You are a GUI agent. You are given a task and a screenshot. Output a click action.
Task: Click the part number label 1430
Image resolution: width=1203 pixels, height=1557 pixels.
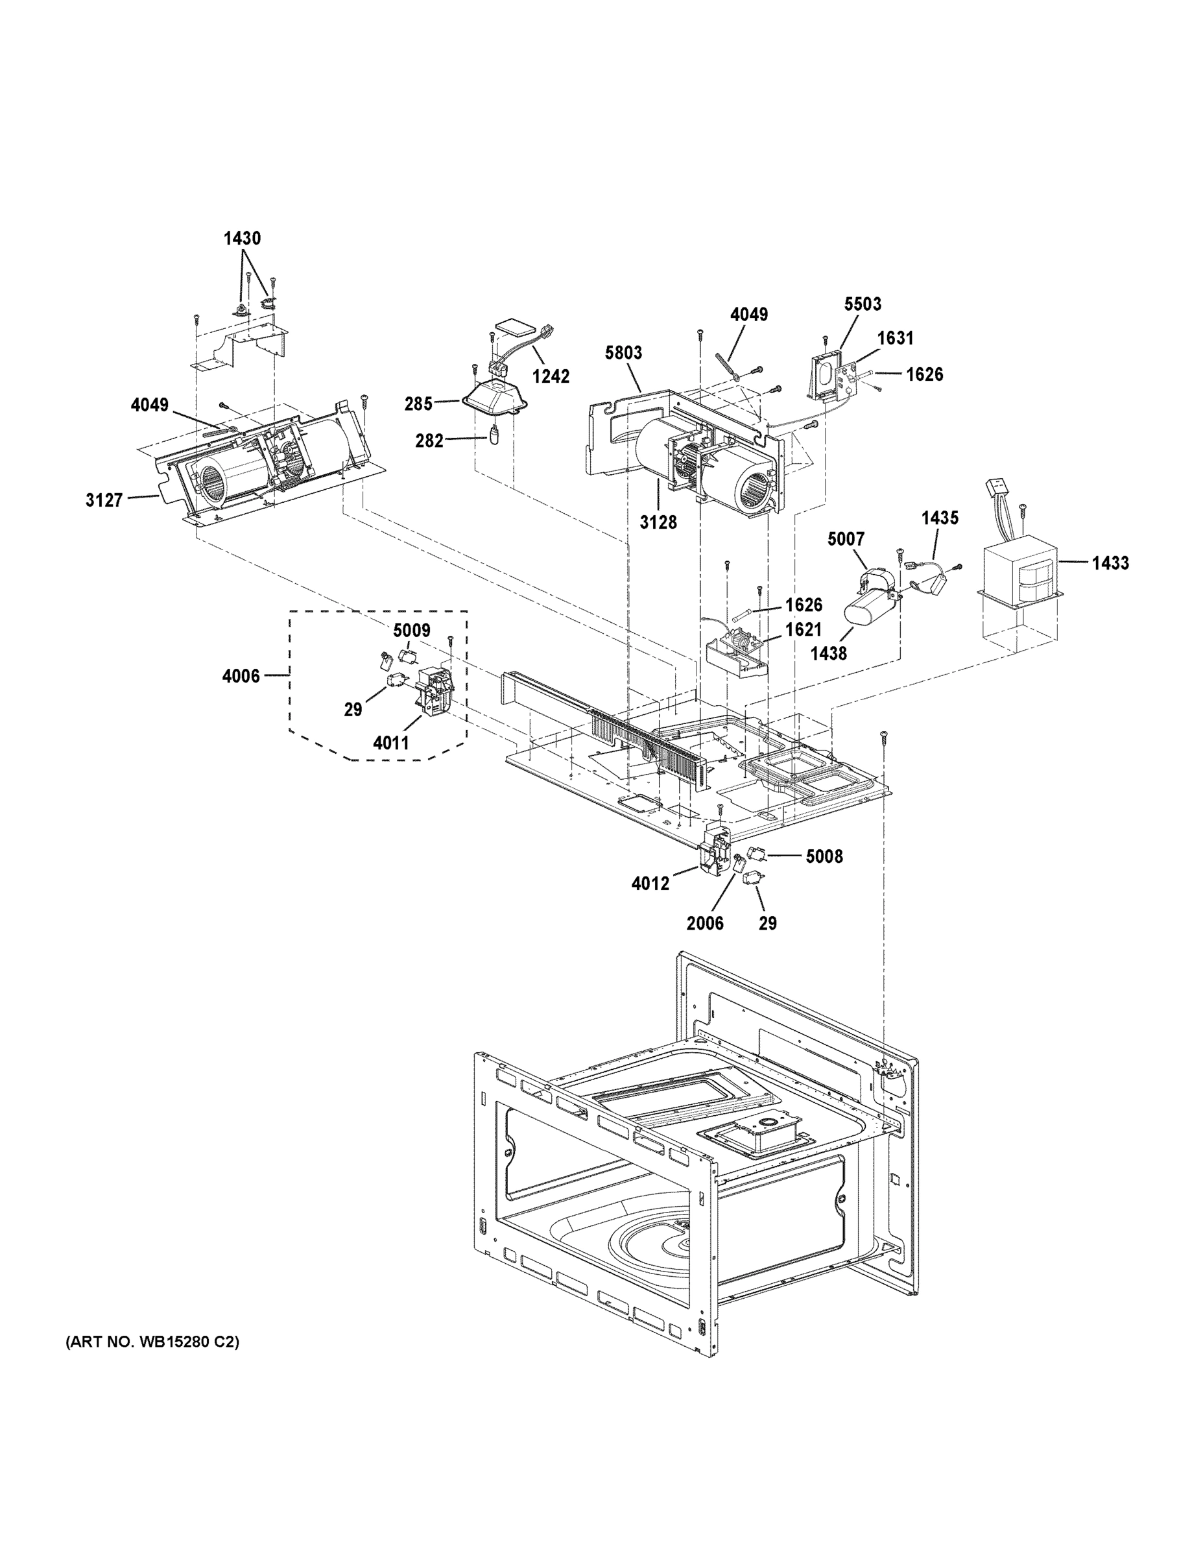click(x=243, y=239)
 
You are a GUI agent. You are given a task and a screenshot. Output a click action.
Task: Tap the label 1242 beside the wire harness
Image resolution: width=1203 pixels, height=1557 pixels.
click(x=551, y=376)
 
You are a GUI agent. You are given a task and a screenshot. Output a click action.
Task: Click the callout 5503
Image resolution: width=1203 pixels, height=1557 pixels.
click(x=863, y=304)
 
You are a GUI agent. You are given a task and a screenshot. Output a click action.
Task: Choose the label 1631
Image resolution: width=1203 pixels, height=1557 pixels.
click(x=895, y=338)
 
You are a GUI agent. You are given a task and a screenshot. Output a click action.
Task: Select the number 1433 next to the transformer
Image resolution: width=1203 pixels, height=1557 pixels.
click(x=1110, y=563)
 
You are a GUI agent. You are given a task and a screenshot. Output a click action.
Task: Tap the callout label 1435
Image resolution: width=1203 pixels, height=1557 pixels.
click(x=939, y=518)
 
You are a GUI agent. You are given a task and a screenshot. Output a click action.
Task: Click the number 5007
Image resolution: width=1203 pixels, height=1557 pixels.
click(x=845, y=539)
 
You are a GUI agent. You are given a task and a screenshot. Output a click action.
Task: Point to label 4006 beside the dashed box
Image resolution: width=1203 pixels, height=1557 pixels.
click(x=241, y=675)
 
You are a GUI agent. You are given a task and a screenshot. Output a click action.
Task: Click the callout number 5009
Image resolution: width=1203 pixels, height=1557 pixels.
click(x=411, y=630)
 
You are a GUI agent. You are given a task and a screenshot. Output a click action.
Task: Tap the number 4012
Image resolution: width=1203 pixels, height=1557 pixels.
click(x=650, y=884)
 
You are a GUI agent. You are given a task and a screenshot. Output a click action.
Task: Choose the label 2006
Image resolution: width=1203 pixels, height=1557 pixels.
click(x=705, y=923)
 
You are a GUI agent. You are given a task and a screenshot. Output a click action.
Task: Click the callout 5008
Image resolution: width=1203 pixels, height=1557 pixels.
click(x=824, y=856)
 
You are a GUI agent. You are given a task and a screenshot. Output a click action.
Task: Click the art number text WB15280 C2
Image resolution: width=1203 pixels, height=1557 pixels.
click(x=152, y=1342)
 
